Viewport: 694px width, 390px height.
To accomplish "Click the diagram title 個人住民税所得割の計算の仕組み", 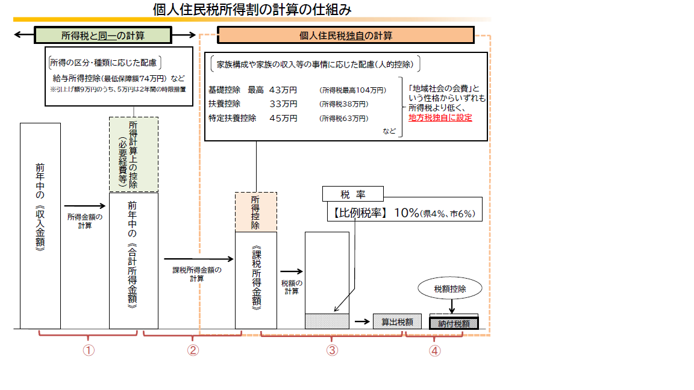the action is coord(252,9).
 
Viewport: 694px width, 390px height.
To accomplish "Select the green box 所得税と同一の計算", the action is coord(102,36).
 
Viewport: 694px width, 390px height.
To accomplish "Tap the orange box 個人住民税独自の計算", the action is coord(346,36).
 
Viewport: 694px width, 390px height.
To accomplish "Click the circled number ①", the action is coord(89,350).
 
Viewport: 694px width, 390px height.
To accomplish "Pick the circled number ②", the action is coord(193,350).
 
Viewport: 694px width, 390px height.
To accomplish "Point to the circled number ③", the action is coord(332,350).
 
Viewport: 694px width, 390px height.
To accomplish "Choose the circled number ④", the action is coord(434,351).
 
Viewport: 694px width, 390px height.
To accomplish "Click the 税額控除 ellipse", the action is coord(449,289).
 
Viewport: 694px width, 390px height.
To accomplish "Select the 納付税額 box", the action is coord(454,324).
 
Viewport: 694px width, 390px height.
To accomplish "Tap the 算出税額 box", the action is coord(397,322).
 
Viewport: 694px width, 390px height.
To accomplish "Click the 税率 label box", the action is coord(353,194).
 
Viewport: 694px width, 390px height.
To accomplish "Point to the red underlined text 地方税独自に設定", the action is coord(440,117).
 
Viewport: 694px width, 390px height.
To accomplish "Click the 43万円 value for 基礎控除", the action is coord(283,90).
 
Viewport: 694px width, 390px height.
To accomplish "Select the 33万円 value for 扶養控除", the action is coord(283,104).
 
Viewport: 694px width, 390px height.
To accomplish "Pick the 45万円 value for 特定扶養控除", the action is coord(283,118).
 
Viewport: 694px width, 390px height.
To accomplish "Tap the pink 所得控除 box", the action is coord(256,212).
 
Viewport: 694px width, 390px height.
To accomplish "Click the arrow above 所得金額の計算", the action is coord(84,206).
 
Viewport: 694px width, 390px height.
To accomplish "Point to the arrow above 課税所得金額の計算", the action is coord(198,259).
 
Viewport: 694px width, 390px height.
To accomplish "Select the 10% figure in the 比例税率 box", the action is coord(406,212).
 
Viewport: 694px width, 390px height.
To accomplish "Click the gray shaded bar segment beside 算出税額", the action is coord(327,321).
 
